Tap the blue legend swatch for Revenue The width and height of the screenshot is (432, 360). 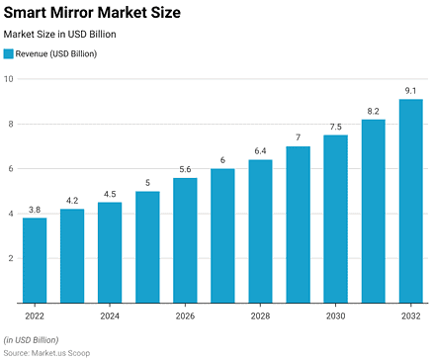click(9, 53)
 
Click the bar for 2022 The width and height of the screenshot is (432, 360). click(35, 260)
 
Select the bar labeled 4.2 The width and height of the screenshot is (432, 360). click(72, 255)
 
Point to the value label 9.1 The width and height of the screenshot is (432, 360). click(411, 91)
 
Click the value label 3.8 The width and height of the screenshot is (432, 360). click(35, 210)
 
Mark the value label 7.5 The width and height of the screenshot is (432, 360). click(336, 127)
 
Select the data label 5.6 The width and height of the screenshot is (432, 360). click(185, 169)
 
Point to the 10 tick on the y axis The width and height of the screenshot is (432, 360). click(9, 79)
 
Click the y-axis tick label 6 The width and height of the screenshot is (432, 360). click(11, 169)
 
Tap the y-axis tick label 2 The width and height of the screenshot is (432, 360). click(11, 258)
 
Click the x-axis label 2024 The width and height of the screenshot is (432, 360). click(110, 316)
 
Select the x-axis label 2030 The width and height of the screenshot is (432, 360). click(336, 316)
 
